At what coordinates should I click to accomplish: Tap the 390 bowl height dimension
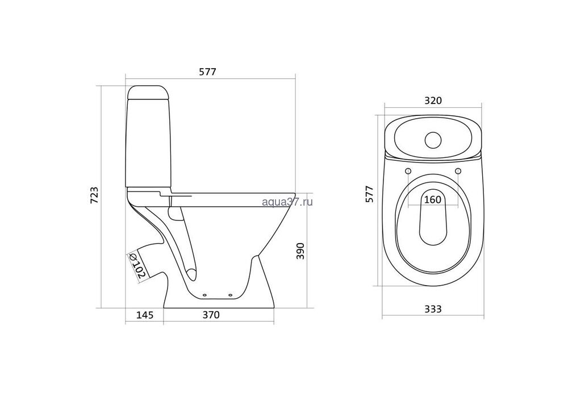(x=300, y=250)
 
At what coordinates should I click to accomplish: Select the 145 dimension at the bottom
(x=144, y=315)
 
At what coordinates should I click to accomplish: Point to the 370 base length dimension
(x=211, y=315)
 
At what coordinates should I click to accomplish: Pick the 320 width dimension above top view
(x=433, y=101)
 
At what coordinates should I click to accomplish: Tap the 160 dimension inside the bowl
(x=432, y=199)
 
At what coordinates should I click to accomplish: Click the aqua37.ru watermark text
(x=287, y=202)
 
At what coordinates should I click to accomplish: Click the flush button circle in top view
(x=433, y=140)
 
